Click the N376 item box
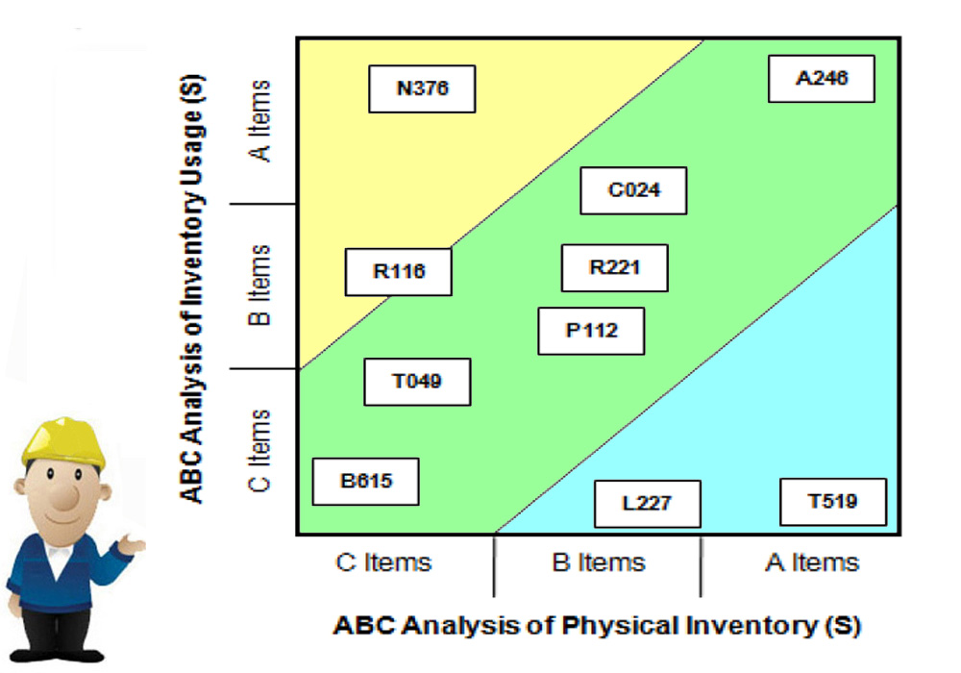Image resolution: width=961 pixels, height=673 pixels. [x=422, y=88]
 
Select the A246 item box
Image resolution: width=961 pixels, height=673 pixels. [x=822, y=79]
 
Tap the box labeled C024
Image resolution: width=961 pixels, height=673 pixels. [x=633, y=190]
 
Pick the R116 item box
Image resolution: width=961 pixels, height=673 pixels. [x=399, y=271]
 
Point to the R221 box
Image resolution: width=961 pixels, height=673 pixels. [x=615, y=268]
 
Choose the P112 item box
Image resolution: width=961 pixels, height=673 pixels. [x=591, y=331]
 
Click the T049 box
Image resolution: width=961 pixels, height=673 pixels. [x=417, y=382]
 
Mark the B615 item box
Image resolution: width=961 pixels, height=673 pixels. [x=366, y=481]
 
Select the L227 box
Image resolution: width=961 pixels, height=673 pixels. [x=648, y=504]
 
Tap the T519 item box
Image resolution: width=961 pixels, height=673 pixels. [x=833, y=502]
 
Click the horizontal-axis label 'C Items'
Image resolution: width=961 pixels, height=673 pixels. [x=383, y=562]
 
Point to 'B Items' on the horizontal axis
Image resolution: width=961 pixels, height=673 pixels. [x=599, y=562]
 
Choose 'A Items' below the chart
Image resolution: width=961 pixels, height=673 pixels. [x=812, y=562]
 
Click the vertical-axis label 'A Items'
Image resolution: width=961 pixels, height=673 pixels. [x=259, y=121]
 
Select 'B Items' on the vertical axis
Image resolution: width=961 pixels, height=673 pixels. [x=259, y=285]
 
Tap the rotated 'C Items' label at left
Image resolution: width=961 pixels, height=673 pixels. [x=259, y=451]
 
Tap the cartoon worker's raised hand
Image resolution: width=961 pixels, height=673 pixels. [x=132, y=544]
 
